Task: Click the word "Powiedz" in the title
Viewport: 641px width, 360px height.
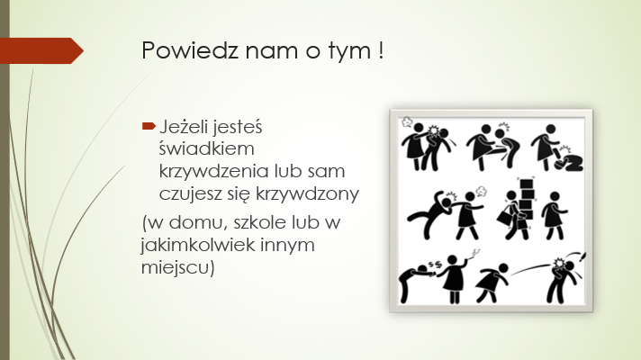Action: (190, 50)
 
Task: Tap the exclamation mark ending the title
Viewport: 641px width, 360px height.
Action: (381, 50)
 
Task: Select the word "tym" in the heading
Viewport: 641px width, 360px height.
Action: (350, 52)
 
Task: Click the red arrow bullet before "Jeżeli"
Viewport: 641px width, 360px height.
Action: (149, 126)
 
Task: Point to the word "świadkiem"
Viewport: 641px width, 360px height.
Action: (206, 148)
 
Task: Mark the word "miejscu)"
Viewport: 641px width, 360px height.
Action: (178, 267)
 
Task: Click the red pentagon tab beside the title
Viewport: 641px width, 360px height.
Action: (41, 50)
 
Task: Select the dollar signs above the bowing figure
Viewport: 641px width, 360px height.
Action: (435, 264)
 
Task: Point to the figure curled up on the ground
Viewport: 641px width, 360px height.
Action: (569, 162)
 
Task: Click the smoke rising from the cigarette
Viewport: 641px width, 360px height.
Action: (474, 254)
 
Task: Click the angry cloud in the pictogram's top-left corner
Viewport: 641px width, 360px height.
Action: (406, 121)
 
